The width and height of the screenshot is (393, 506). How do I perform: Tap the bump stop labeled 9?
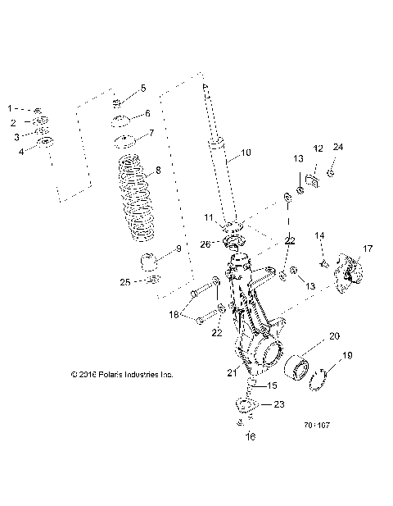pos(148,264)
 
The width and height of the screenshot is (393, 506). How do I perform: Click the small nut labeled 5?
pos(117,103)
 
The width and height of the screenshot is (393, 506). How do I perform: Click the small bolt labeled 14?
pos(323,263)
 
